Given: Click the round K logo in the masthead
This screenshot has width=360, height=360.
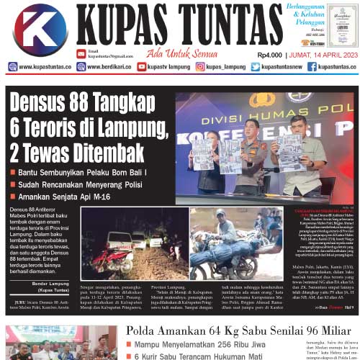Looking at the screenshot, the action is coord(40,29).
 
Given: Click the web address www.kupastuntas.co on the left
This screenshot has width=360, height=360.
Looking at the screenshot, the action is coord(44,67).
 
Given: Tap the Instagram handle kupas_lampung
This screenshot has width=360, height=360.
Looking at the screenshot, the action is coord(220,67).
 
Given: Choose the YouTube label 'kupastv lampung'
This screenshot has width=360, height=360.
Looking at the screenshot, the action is coord(165,67).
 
